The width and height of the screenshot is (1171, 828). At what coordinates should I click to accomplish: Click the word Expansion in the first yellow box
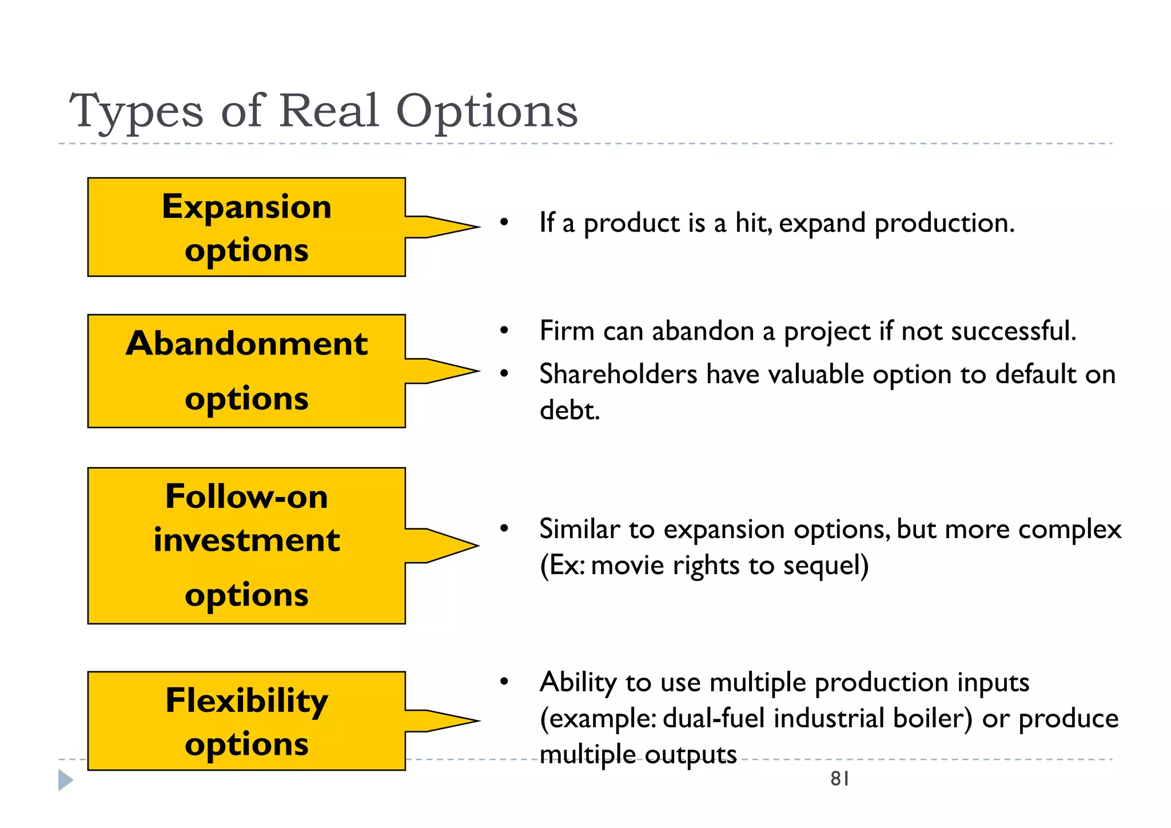[x=246, y=206]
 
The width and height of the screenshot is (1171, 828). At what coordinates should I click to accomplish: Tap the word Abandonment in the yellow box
[x=246, y=344]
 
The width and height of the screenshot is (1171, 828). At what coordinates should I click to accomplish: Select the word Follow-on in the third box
[x=246, y=496]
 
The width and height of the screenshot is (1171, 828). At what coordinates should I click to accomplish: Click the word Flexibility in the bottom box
[x=246, y=700]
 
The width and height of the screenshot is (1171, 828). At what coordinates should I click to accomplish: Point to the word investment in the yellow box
[x=246, y=540]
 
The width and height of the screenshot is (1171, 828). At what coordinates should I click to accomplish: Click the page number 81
[x=839, y=779]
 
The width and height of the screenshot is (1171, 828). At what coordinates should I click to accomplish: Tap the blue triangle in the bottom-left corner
[x=65, y=781]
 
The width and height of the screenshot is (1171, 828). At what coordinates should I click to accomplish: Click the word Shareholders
[x=618, y=375]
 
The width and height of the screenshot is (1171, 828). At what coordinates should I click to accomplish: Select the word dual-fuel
[x=713, y=718]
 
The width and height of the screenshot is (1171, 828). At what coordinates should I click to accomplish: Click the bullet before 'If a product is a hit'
[x=504, y=222]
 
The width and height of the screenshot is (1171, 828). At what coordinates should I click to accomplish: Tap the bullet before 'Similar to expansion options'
[x=504, y=529]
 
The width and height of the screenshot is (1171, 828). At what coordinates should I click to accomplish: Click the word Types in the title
[x=136, y=112]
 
